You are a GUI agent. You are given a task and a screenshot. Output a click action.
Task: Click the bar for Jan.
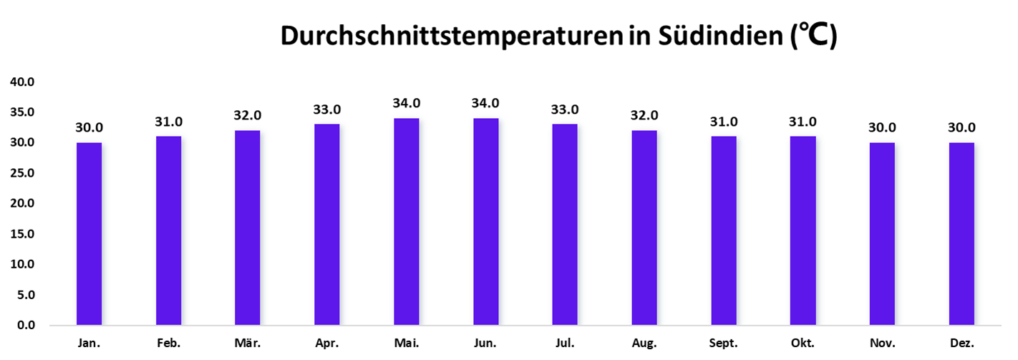(x=89, y=234)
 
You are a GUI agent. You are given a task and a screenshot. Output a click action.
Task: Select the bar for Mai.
(x=407, y=222)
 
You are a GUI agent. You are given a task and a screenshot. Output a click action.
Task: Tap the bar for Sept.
(x=724, y=230)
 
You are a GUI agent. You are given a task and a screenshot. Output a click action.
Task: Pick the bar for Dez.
(x=961, y=234)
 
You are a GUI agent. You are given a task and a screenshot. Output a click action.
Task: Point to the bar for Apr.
(x=327, y=225)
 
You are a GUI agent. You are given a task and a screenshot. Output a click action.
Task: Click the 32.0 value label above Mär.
(x=248, y=116)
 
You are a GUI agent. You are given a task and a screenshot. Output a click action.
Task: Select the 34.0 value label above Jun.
(x=485, y=103)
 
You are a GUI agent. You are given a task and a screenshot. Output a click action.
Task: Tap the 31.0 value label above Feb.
(x=168, y=122)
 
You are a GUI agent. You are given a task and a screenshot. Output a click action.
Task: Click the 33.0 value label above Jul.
(x=565, y=110)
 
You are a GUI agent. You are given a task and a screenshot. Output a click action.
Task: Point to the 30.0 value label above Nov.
(x=882, y=128)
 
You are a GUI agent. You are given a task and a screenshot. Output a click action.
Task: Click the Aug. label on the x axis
(x=644, y=344)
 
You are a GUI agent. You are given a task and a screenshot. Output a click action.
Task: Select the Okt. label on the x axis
(x=803, y=344)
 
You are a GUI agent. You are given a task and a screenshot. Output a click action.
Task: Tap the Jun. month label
(x=485, y=344)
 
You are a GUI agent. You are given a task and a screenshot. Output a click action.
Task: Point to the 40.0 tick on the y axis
(x=22, y=82)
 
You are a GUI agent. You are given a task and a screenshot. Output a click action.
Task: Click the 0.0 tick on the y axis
(x=26, y=326)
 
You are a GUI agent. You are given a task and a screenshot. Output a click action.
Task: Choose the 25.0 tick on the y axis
(x=22, y=173)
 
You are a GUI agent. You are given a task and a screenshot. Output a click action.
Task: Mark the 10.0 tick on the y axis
(x=22, y=265)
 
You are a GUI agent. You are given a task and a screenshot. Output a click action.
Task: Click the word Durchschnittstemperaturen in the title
(x=451, y=36)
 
